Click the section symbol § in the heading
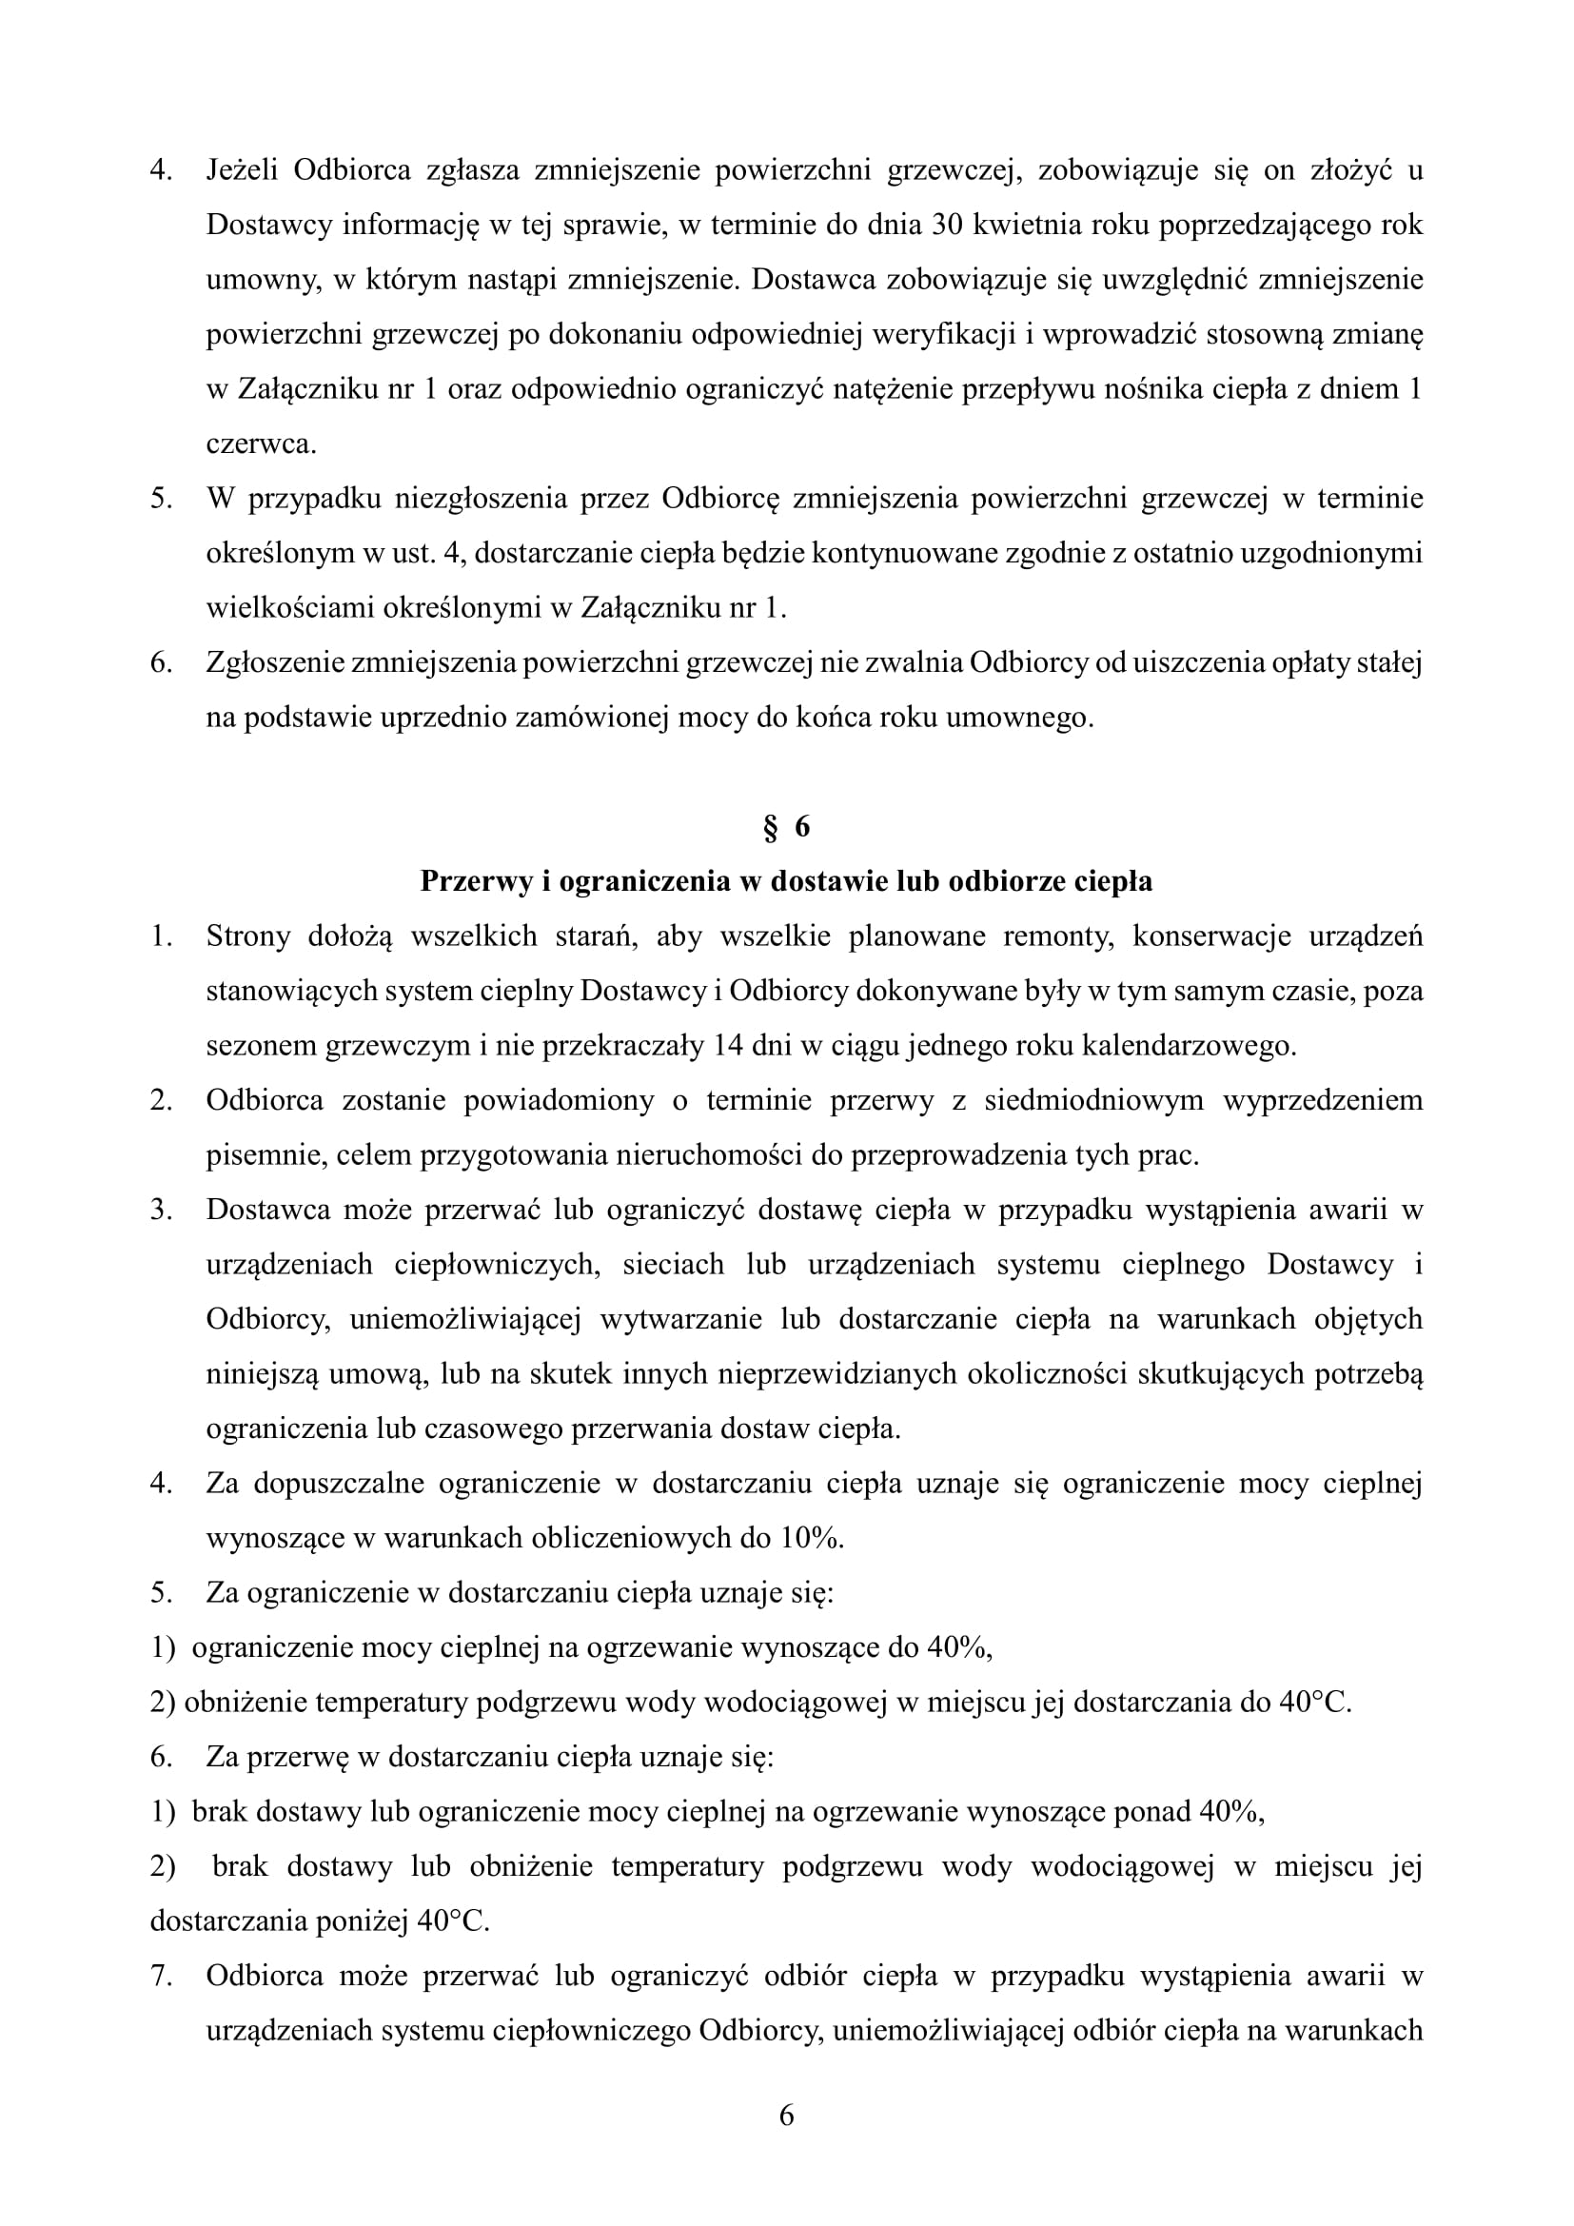pos(772,827)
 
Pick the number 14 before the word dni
pos(727,1046)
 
